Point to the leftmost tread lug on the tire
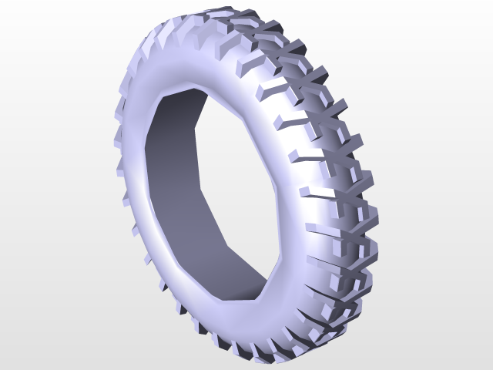[118, 139]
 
